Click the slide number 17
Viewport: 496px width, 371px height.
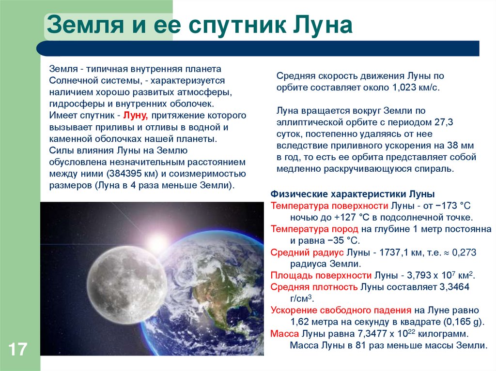pos(17,349)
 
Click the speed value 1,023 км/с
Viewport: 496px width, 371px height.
pos(415,88)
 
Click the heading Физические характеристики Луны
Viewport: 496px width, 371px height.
pos(352,194)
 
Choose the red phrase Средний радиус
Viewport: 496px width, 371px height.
pos(307,252)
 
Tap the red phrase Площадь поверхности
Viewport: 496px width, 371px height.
pos(321,276)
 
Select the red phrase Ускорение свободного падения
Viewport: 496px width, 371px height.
pos(341,311)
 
